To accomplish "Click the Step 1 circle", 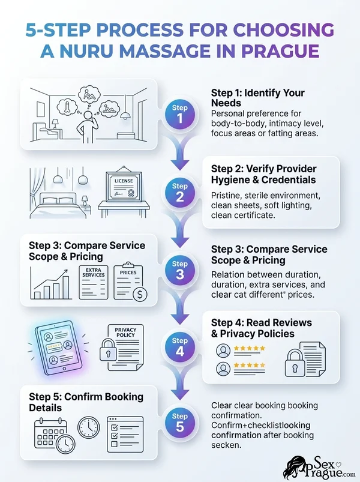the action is [x=179, y=115].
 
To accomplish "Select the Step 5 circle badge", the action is [x=179, y=423].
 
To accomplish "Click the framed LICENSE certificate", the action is [x=124, y=185].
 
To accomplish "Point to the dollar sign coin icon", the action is [x=140, y=295].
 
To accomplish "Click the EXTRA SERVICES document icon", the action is [x=94, y=282].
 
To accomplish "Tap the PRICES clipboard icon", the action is [x=128, y=281].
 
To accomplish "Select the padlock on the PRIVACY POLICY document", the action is [x=108, y=350].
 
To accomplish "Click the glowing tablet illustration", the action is [x=58, y=348].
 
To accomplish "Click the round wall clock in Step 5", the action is [x=88, y=427].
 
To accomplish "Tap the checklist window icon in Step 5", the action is [x=125, y=434].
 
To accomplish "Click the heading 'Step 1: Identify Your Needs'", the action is [x=258, y=97].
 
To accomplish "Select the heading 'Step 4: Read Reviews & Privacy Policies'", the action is [x=262, y=328].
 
